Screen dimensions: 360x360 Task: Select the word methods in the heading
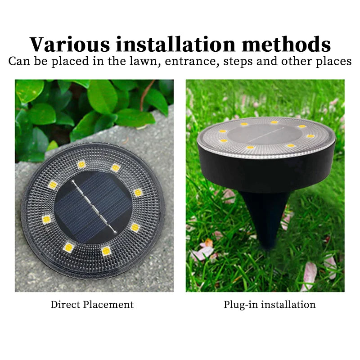pyautogui.click(x=286, y=44)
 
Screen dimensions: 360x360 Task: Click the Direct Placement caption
pyautogui.click(x=92, y=305)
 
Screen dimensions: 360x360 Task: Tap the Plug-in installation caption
pyautogui.click(x=270, y=305)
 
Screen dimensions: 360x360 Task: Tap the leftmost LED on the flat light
pyautogui.click(x=46, y=220)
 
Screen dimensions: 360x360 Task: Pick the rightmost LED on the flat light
pyautogui.click(x=138, y=193)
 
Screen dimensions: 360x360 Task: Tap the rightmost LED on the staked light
pyautogui.click(x=310, y=136)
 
